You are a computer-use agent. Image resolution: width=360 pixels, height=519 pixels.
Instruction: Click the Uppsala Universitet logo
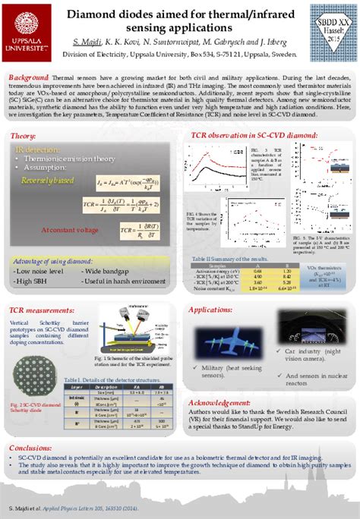click(x=28, y=28)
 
